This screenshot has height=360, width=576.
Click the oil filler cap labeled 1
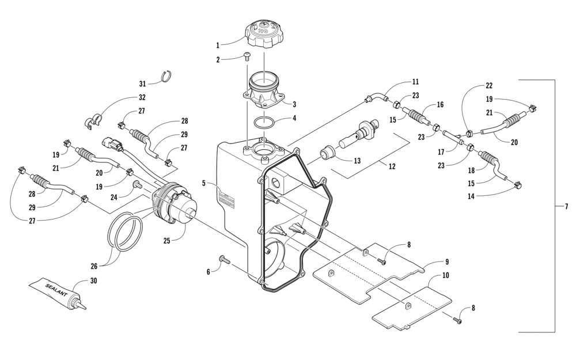point(264,35)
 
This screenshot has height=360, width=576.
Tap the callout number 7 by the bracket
point(566,206)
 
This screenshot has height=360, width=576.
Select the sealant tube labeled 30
point(58,291)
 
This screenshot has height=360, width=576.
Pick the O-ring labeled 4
point(264,123)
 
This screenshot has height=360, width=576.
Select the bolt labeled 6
point(223,261)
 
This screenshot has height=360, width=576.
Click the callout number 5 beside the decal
point(204,183)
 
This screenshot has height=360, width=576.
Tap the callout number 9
point(446,261)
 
